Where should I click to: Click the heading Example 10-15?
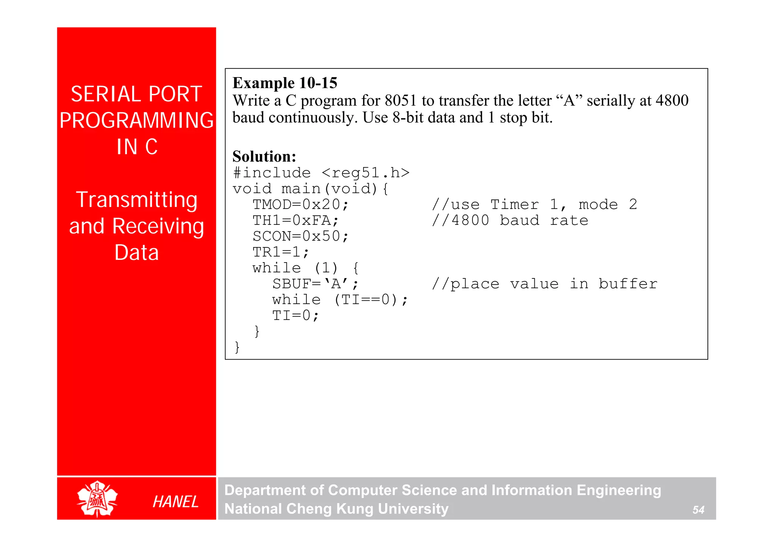point(285,83)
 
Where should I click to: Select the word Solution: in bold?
point(264,156)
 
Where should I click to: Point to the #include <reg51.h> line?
point(321,173)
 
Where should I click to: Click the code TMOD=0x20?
point(300,205)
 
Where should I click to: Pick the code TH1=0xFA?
point(296,221)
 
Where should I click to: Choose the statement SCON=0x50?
point(300,236)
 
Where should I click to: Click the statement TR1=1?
point(281,252)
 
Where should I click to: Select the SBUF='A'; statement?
point(315,284)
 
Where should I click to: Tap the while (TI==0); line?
point(340,300)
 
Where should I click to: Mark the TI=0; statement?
point(296,316)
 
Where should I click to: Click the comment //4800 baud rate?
point(510,221)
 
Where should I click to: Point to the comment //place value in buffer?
point(545,284)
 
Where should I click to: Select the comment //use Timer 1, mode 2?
point(534,205)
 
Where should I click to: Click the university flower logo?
point(97,499)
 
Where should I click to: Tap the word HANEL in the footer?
point(175,502)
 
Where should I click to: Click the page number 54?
point(698,510)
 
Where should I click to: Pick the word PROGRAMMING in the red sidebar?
point(136,121)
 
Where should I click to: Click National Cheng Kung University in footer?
point(336,509)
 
